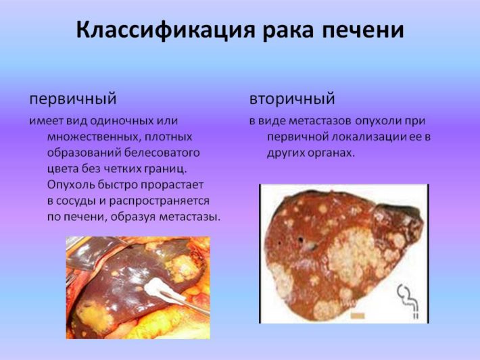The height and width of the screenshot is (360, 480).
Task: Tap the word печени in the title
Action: [x=363, y=30]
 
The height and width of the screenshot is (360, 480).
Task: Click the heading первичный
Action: [x=73, y=99]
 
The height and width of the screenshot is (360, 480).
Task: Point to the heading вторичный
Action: [x=292, y=99]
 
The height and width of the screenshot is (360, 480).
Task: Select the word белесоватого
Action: [x=162, y=153]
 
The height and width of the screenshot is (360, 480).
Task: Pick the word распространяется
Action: [x=159, y=201]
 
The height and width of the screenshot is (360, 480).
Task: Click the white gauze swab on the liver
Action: [x=160, y=289]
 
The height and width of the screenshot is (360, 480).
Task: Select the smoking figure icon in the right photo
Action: [x=408, y=301]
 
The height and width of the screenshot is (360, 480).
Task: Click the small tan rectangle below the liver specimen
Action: [x=358, y=315]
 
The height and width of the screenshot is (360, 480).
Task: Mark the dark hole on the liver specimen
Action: [x=302, y=240]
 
